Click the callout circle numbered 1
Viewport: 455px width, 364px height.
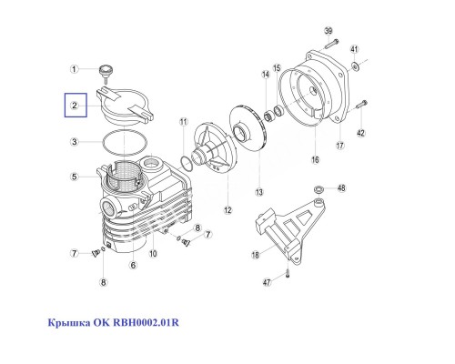click(78, 68)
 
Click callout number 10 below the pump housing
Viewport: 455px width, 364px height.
click(154, 253)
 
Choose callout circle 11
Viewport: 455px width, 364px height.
click(183, 121)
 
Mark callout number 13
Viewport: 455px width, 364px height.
click(258, 192)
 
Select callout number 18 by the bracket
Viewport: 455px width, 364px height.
click(256, 255)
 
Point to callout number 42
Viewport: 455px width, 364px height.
click(359, 134)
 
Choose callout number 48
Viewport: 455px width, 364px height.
click(342, 188)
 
